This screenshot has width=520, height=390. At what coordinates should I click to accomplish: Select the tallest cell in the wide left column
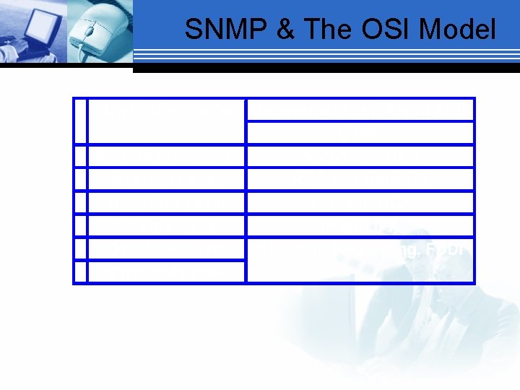click(x=166, y=121)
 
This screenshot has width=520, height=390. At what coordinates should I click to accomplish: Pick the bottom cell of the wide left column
click(x=166, y=272)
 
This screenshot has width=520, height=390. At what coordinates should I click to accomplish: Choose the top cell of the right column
click(x=360, y=110)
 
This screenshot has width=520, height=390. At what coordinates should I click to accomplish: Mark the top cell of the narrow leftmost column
click(x=79, y=121)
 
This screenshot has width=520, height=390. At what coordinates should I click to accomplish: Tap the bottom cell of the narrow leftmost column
click(x=79, y=272)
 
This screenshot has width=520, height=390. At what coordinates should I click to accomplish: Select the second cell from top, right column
click(x=360, y=133)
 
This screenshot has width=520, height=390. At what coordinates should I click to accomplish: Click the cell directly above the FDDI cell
click(x=360, y=225)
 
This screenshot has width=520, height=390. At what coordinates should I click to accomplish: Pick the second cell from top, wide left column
click(x=166, y=156)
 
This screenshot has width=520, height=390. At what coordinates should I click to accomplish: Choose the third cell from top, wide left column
click(x=166, y=179)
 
